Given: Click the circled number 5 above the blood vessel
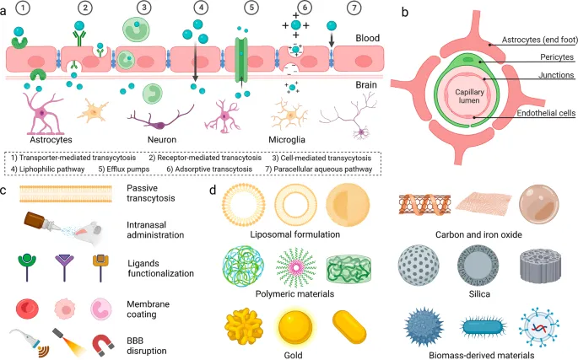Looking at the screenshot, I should [x=250, y=9].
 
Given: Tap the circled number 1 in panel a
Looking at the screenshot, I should [x=23, y=9].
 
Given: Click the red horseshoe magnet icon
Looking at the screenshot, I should [x=102, y=342].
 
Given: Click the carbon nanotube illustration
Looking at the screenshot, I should [x=426, y=207].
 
